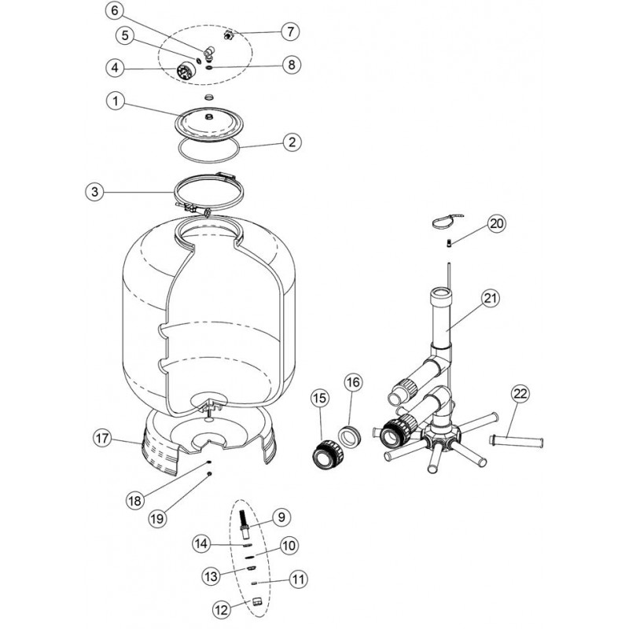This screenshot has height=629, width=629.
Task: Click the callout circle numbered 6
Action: (115, 11)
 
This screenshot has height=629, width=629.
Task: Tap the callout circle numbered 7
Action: (290, 31)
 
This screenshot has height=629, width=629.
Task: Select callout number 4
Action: (115, 68)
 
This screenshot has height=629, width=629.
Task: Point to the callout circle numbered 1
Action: (116, 101)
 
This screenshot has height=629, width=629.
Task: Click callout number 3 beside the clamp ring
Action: (95, 192)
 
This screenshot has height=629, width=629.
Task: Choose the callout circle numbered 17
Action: (102, 438)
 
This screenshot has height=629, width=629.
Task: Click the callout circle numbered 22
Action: (520, 395)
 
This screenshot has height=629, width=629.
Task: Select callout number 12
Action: (222, 610)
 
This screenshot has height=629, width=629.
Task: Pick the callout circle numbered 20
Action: (497, 223)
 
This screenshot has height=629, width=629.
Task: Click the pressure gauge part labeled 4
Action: (186, 73)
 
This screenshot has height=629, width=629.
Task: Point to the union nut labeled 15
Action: (328, 454)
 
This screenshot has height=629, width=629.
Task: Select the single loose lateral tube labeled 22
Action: (517, 442)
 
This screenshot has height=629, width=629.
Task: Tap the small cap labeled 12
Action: (257, 601)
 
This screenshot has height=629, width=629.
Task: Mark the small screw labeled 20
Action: (449, 243)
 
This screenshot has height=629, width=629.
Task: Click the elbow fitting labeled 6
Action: (209, 53)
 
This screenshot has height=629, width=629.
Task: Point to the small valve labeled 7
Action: (229, 35)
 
